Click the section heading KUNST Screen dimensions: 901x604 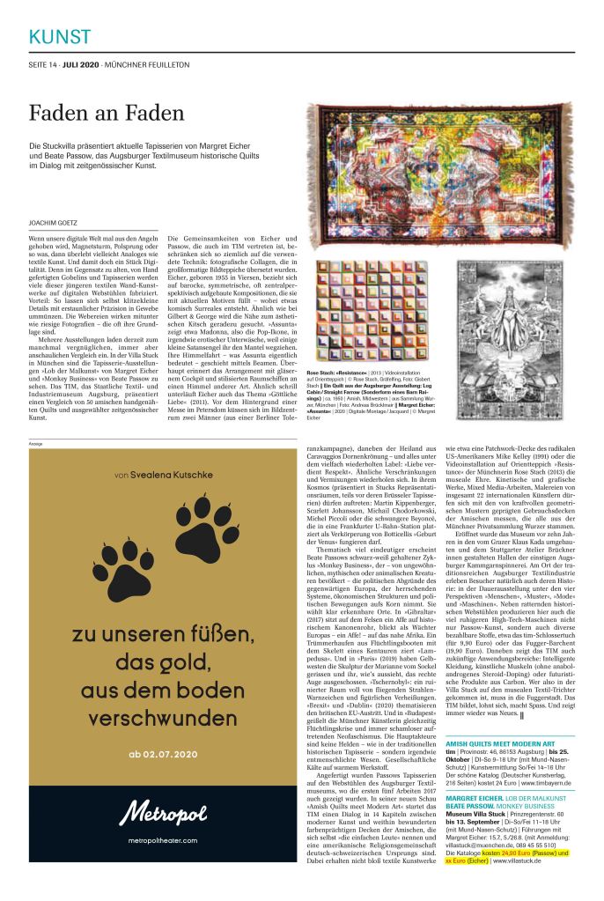click(x=60, y=36)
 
